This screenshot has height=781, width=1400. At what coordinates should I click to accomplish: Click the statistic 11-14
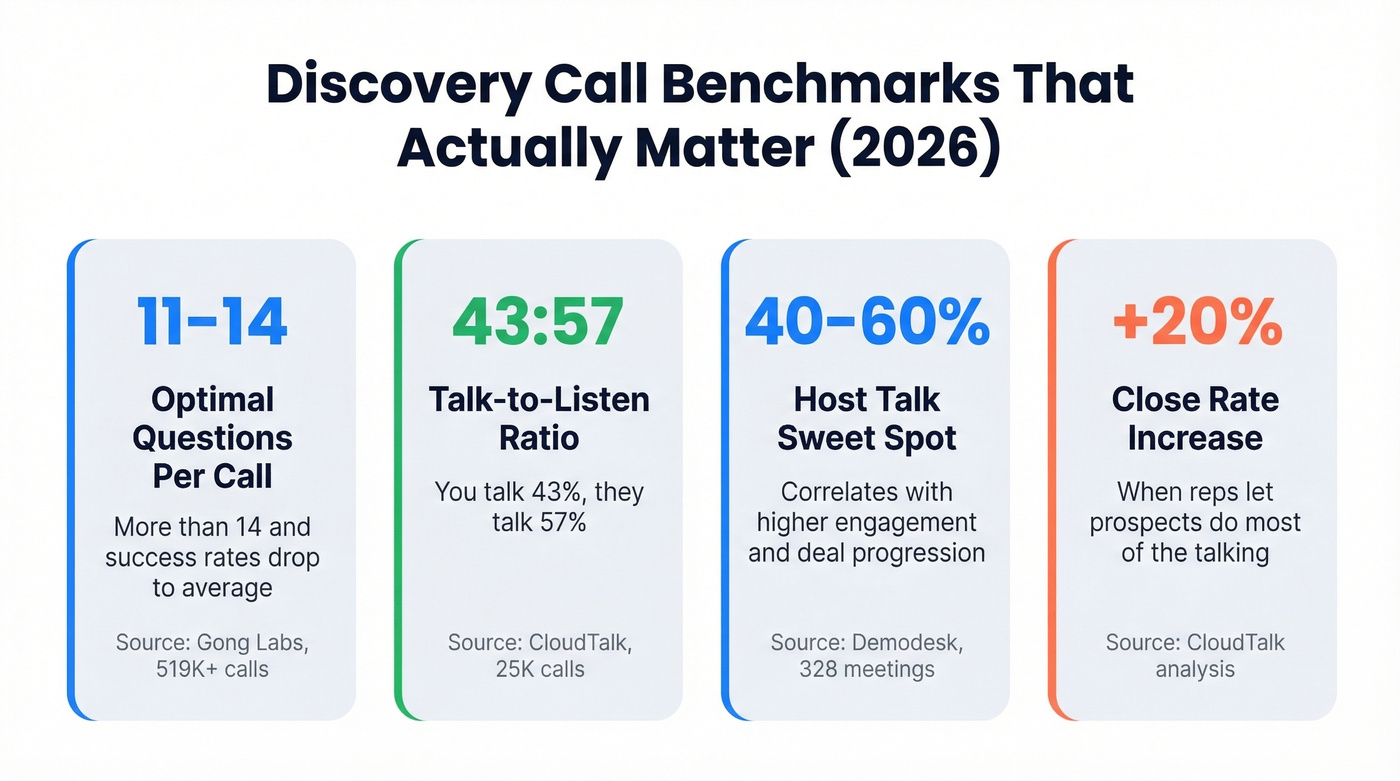click(212, 322)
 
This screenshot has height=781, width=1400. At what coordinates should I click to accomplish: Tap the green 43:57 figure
click(538, 322)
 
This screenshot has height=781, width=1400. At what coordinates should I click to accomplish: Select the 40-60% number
click(866, 322)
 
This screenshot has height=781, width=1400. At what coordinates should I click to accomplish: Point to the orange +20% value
click(1195, 322)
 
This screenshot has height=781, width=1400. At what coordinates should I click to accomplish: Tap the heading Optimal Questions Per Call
click(212, 438)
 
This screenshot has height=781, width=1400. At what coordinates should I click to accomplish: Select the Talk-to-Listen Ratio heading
click(539, 419)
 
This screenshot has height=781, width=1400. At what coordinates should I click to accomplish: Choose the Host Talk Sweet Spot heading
click(866, 419)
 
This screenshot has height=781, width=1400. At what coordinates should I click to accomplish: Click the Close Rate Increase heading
click(1195, 419)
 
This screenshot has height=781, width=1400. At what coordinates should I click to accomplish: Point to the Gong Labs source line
click(212, 655)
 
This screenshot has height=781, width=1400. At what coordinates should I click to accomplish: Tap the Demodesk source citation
click(866, 655)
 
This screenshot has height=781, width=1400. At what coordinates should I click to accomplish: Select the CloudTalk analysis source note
click(1195, 655)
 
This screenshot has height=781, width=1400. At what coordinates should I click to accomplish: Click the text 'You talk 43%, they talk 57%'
click(539, 506)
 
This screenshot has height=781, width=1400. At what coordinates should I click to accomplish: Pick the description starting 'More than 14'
click(212, 557)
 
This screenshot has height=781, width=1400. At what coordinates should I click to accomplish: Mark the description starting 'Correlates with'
click(866, 522)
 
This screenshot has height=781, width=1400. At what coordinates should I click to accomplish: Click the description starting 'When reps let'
click(1195, 522)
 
